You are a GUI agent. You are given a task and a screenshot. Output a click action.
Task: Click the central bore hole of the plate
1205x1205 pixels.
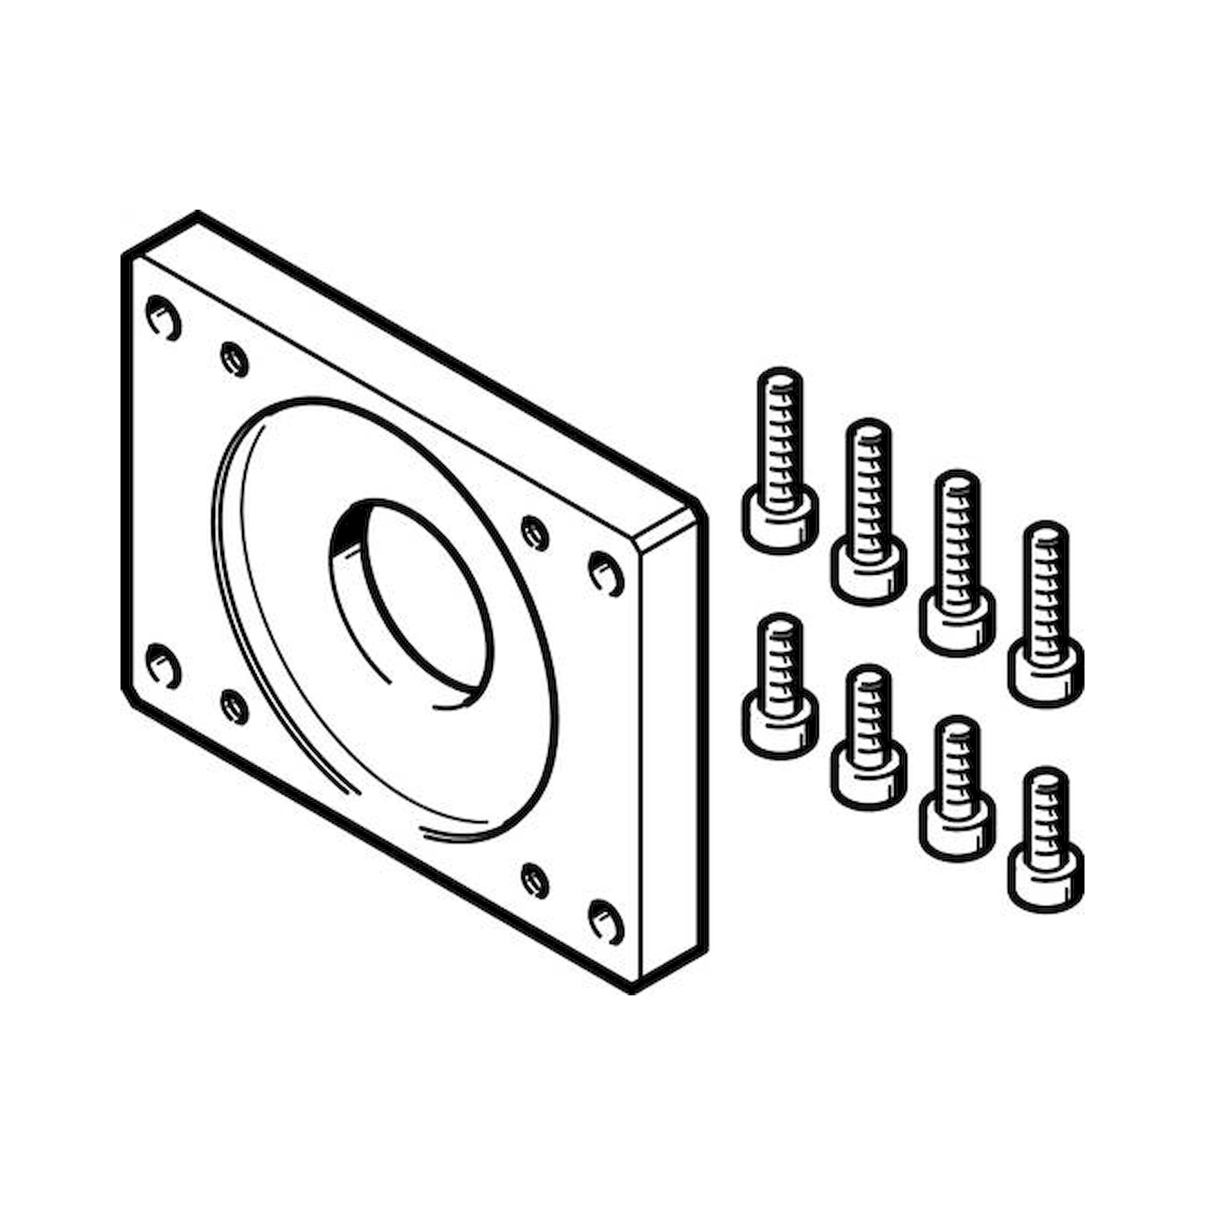click(415, 602)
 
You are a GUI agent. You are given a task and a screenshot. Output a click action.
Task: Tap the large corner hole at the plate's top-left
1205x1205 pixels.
click(163, 318)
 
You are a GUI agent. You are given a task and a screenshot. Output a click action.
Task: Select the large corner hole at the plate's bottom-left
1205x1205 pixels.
click(163, 666)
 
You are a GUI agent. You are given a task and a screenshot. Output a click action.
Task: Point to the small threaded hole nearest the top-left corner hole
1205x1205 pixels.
click(235, 358)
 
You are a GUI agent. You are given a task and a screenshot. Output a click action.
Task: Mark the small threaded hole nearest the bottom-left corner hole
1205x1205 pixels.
click(235, 706)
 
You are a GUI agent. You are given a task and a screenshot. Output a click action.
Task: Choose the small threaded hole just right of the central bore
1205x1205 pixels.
click(535, 533)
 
